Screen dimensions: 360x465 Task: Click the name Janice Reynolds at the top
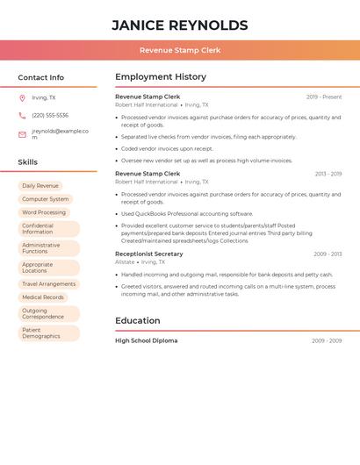pos(179,25)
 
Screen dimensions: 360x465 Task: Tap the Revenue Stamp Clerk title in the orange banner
pos(179,50)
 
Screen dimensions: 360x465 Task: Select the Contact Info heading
pos(40,77)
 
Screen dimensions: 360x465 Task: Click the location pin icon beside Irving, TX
pos(22,97)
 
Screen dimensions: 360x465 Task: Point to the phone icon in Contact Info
pos(22,115)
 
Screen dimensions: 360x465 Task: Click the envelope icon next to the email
pos(22,134)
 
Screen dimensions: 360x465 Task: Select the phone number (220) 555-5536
pos(50,115)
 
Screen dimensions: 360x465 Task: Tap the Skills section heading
pos(28,162)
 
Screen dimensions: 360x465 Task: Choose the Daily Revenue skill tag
pos(40,186)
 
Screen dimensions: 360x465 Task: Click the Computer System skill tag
pos(45,199)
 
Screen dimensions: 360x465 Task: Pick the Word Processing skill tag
pos(44,212)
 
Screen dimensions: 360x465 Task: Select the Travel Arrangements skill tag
pos(48,284)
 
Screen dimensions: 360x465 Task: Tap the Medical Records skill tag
pos(43,297)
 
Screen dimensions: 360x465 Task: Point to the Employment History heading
pos(161,77)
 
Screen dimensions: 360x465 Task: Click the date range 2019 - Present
pos(324,97)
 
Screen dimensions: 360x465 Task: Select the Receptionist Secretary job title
pos(149,254)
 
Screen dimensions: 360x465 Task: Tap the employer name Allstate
pos(125,261)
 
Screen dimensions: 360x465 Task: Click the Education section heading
pos(138,321)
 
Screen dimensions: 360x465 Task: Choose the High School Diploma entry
pos(146,340)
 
